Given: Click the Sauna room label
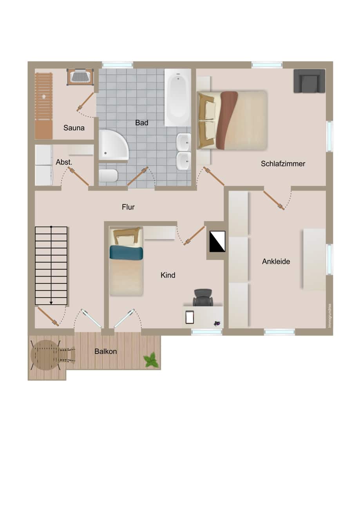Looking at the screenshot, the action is click(x=74, y=128).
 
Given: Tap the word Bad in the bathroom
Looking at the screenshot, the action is click(x=141, y=123).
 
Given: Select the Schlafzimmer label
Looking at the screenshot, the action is click(x=283, y=164).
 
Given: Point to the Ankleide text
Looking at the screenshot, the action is click(x=276, y=261).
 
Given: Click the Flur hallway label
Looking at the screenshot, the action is click(x=128, y=207).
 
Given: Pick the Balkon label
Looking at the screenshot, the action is click(x=106, y=351).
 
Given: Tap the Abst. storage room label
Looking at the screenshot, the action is click(x=64, y=162).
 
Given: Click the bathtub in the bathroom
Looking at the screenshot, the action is click(x=178, y=97).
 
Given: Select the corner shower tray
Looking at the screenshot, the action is click(x=112, y=145).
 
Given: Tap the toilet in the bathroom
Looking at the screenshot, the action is click(x=109, y=175).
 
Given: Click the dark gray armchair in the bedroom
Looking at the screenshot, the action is click(x=309, y=81).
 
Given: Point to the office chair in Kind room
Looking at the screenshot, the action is click(x=203, y=297).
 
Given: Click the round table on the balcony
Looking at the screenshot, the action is click(x=45, y=355).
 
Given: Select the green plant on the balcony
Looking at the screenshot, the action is click(x=151, y=360).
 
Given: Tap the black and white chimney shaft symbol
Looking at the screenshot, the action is click(x=217, y=242).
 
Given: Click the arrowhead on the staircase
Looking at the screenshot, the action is click(x=51, y=303).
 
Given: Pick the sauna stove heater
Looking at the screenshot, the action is click(x=80, y=77).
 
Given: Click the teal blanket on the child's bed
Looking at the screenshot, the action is click(x=126, y=252).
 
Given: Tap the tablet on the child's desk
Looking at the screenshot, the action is click(x=190, y=317).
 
